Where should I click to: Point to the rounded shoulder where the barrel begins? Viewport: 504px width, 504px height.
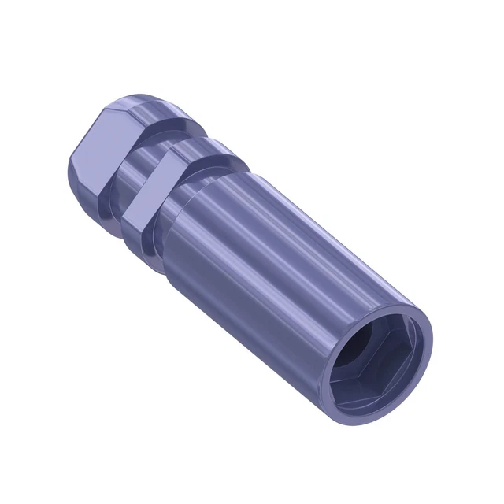[x=197, y=177]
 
